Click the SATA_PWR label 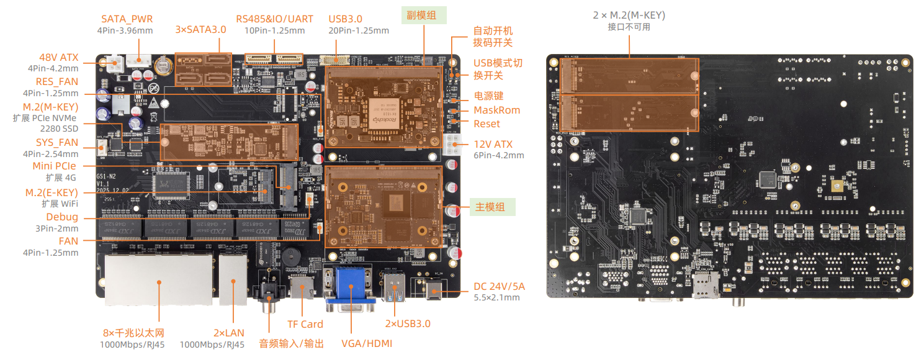tap(127, 19)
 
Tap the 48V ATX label tap(59, 57)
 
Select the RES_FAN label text tap(56, 81)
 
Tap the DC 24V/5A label tap(499, 286)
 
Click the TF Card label tap(305, 324)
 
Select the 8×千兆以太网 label tap(133, 333)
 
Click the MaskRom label tap(496, 110)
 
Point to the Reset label tap(487, 124)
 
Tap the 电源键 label tap(488, 96)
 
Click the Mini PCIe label tap(55, 166)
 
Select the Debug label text tap(62, 217)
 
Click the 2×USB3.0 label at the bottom tap(407, 323)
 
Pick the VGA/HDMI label tap(366, 343)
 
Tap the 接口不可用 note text tap(629, 27)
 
